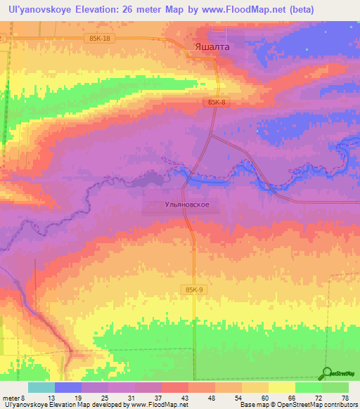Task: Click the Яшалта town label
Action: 211,47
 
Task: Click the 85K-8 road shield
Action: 219,103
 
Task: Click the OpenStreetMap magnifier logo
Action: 327,373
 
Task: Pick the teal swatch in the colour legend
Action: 41,387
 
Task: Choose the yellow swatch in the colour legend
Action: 282,387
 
